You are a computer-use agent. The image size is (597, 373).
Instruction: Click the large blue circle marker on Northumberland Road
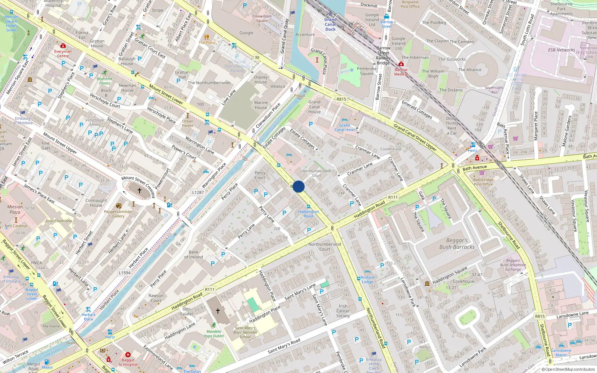point(298,186)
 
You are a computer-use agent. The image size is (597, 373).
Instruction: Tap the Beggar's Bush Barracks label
point(457,244)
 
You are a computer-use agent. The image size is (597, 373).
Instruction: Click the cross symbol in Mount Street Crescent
point(140,191)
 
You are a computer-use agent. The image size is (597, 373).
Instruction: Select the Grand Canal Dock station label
point(330,24)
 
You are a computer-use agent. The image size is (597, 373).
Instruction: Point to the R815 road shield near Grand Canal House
point(341,99)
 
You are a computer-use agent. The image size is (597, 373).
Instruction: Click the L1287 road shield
point(198,192)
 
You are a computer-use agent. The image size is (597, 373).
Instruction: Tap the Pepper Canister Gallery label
point(118,214)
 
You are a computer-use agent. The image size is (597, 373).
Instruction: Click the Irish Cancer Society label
point(343,311)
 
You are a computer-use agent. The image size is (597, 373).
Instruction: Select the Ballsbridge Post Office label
point(483,182)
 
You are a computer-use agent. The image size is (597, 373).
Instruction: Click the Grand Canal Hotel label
point(344,128)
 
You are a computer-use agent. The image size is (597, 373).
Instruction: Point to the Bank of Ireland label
point(193,254)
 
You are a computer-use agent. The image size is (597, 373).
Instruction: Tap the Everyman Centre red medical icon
point(63,46)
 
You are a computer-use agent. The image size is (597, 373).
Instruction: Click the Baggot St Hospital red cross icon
point(128,355)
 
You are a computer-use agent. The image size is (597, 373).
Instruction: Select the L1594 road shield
point(125,273)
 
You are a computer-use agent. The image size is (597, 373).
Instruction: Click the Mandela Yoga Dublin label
point(213,333)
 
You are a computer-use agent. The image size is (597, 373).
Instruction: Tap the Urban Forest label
point(188,123)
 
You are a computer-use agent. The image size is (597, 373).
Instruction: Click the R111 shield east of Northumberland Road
point(393,197)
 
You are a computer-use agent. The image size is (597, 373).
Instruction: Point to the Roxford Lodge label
point(367,279)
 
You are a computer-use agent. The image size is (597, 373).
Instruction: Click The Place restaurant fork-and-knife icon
point(207,37)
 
